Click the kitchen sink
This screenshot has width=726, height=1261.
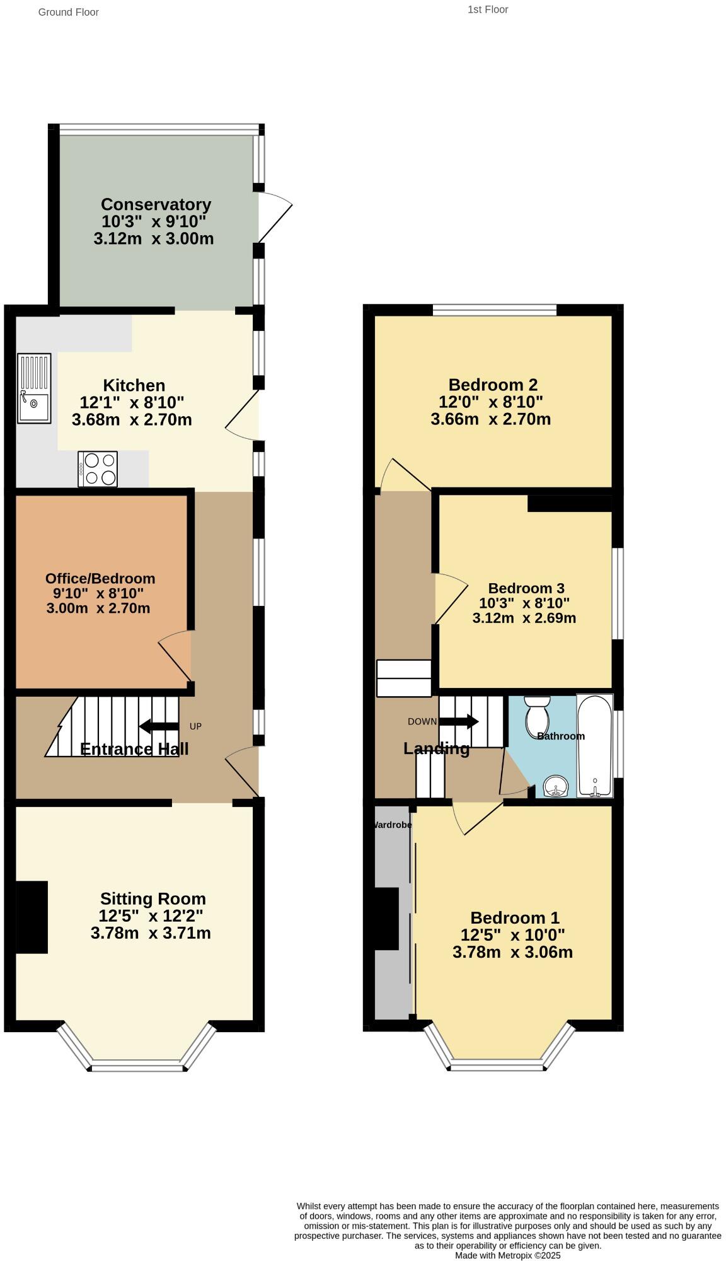point(34,388)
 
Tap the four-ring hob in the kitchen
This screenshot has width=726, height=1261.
point(98,469)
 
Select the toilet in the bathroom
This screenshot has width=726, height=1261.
point(537,712)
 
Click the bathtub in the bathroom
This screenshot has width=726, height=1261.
point(594,746)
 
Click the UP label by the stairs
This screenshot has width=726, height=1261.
point(195,726)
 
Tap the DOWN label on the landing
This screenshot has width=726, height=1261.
point(422,721)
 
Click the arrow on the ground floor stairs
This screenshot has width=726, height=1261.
point(158,726)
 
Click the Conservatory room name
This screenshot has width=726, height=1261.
point(156,204)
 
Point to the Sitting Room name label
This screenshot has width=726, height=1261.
point(153,898)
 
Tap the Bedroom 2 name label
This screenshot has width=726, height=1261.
point(493,385)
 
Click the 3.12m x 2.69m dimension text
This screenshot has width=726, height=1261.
point(524,618)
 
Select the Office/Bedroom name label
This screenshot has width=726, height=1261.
point(100,578)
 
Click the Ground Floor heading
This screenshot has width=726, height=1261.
point(68,12)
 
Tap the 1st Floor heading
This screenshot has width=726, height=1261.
point(488,9)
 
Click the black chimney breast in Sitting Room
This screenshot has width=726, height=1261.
point(32,917)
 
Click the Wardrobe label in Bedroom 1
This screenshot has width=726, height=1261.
point(392,825)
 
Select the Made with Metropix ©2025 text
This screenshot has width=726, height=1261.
point(507,1255)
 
